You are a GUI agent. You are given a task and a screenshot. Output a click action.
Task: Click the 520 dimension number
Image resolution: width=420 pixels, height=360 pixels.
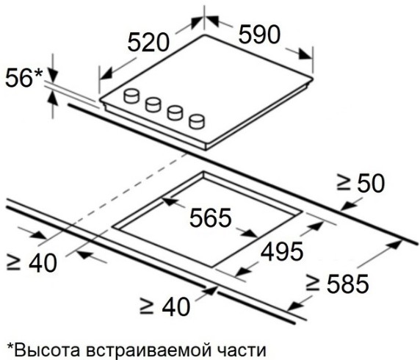click(x=148, y=43)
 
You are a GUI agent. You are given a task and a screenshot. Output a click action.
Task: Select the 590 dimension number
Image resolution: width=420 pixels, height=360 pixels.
click(x=259, y=34)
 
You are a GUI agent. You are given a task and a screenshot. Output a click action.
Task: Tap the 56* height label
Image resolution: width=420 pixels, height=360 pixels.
click(x=24, y=78)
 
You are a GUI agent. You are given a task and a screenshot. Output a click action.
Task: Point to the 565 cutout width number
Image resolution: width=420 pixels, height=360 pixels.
click(x=210, y=217)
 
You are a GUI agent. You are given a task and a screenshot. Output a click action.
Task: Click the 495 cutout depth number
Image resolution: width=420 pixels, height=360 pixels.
click(x=282, y=252)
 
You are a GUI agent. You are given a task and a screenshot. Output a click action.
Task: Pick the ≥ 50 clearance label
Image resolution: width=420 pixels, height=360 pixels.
click(x=361, y=184)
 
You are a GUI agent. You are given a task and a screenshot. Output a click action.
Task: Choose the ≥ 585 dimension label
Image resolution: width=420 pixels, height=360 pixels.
click(x=338, y=283)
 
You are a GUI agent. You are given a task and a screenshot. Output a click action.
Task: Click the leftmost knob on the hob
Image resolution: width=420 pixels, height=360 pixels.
click(x=131, y=96)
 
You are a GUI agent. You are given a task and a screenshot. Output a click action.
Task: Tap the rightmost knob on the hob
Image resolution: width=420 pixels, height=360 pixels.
click(x=197, y=121)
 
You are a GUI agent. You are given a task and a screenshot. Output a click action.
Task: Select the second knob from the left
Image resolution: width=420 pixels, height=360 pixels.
click(x=153, y=104)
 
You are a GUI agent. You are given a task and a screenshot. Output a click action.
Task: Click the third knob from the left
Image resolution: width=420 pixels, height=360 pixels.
click(x=175, y=113)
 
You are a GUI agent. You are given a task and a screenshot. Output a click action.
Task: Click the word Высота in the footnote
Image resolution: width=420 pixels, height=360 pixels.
click(x=48, y=350)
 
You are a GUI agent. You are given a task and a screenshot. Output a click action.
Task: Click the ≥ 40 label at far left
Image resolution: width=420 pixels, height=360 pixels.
click(x=32, y=263)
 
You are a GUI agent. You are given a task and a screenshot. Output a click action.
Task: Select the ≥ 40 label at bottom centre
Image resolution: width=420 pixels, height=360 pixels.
click(x=164, y=306)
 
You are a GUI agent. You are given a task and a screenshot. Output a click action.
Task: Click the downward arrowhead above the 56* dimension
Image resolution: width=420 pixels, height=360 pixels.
click(x=53, y=76)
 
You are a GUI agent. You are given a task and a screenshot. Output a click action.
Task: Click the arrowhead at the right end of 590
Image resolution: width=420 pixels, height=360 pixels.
click(x=305, y=54)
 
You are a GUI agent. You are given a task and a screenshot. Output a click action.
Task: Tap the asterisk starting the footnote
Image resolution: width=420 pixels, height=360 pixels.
click(x=10, y=346)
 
